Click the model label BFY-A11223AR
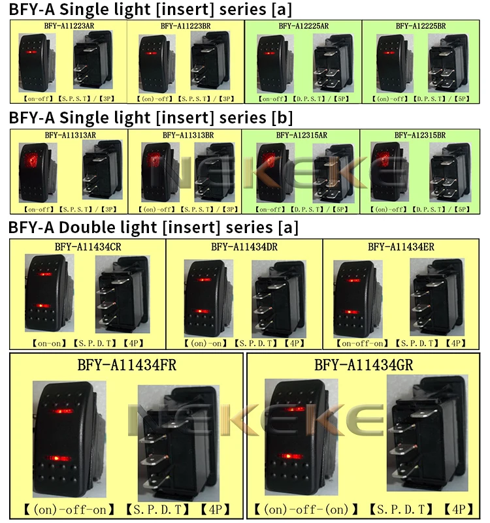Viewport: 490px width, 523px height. click(x=68, y=26)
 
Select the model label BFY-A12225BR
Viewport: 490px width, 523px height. click(x=421, y=26)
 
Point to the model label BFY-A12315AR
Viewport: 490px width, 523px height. click(x=302, y=135)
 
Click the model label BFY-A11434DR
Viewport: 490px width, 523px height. click(x=244, y=247)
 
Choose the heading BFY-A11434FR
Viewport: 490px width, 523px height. click(x=127, y=364)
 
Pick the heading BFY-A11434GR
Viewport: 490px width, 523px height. click(x=363, y=364)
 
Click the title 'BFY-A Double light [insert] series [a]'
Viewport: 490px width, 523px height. click(x=153, y=227)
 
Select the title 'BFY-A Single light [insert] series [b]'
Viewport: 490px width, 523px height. click(x=151, y=118)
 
